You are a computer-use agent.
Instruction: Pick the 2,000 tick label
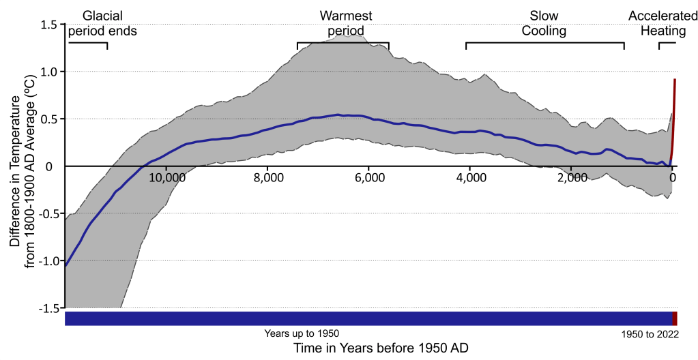572,179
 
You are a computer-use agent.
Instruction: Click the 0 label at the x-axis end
673,179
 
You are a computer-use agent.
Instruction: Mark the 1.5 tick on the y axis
48,25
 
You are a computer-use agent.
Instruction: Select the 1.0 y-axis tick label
48,72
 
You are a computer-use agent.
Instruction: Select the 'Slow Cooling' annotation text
544,23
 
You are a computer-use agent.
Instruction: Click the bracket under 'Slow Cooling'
545,44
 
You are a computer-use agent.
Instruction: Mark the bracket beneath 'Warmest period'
343,44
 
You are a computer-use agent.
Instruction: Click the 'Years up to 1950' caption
302,333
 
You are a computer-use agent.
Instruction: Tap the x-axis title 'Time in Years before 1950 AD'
381,348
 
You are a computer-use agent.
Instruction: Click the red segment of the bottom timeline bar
675,318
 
